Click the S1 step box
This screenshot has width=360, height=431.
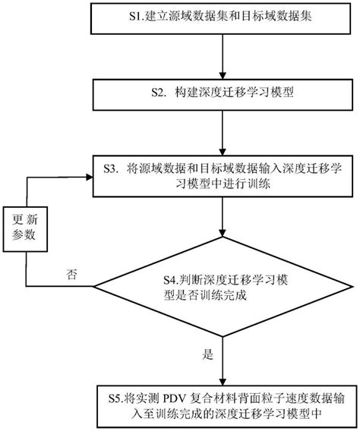[219, 17]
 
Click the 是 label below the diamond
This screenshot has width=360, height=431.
[207, 354]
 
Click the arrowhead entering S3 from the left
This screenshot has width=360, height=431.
[89, 176]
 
